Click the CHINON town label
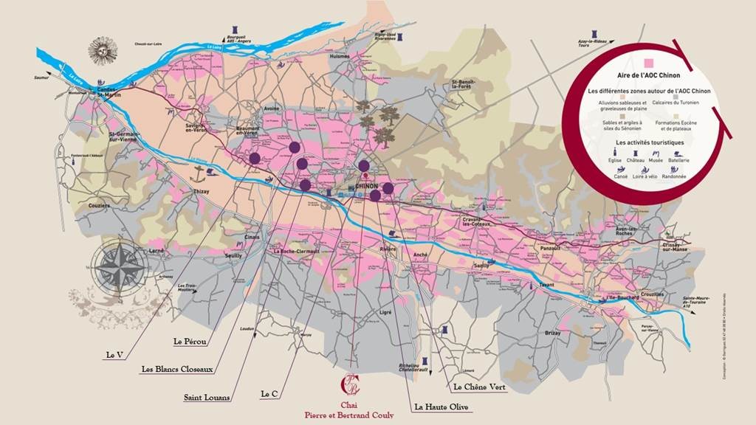(367, 187)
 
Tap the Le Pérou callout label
(190, 342)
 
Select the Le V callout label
(114, 355)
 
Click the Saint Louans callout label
(207, 398)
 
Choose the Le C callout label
(269, 395)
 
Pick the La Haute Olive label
(440, 406)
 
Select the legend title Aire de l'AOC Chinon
(647, 75)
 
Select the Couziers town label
(98, 206)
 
